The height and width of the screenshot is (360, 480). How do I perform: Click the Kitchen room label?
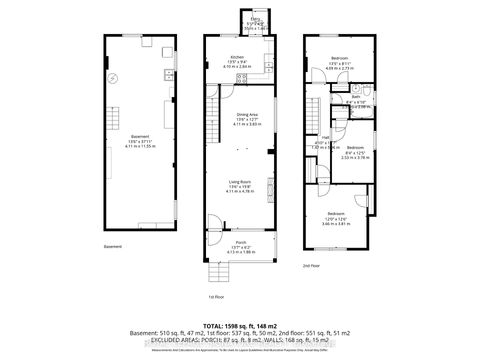237,57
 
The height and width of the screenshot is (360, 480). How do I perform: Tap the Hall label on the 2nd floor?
326,140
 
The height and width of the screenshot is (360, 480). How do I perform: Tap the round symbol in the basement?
114,78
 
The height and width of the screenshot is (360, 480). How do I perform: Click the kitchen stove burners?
271,67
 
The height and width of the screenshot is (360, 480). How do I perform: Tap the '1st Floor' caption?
212,297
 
